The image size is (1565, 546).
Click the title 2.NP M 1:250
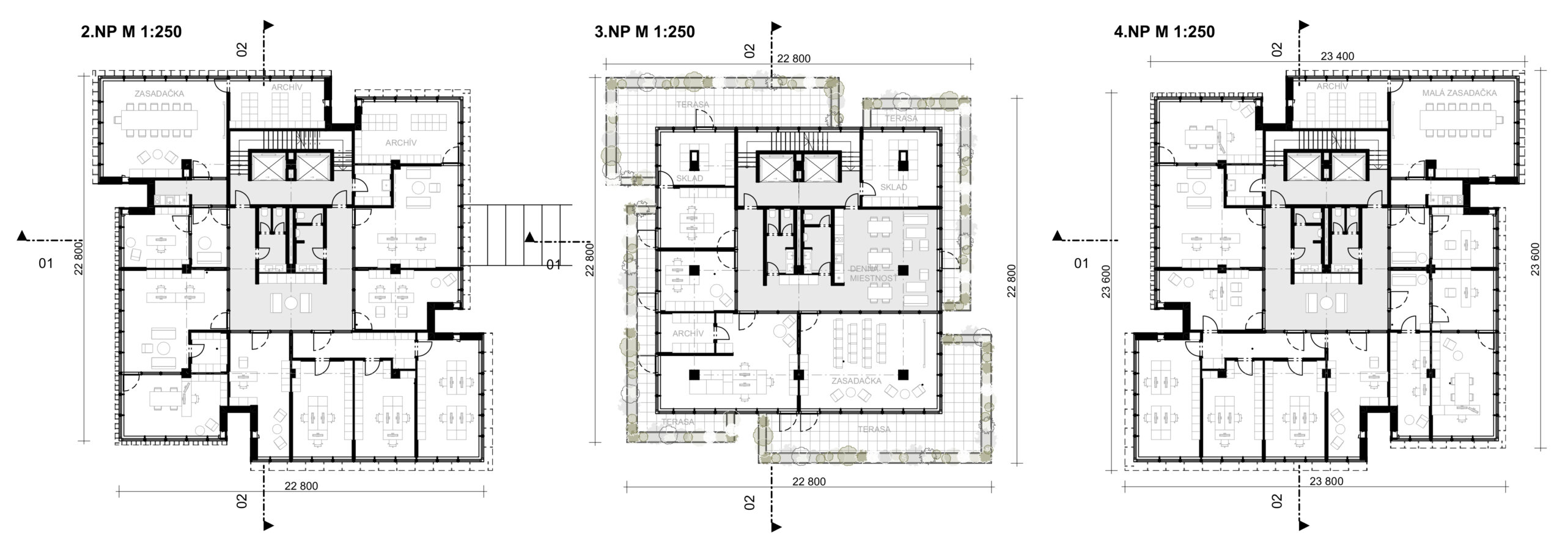click(131, 32)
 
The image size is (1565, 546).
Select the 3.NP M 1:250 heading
click(645, 32)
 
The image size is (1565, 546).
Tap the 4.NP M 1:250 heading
click(1165, 32)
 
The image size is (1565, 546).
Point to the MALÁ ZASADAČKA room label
click(1458, 93)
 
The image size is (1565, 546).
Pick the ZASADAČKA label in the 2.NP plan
click(161, 94)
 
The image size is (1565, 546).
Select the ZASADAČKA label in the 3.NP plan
click(856, 381)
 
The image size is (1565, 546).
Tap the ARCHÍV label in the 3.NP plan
click(688, 333)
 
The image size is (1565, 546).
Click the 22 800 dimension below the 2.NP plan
click(301, 486)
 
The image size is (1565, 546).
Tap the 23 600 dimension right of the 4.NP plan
click(1548, 260)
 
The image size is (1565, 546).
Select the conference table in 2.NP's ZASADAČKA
click(161, 119)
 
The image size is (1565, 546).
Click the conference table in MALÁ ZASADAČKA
click(1458, 119)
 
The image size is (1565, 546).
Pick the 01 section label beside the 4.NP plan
click(1081, 264)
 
